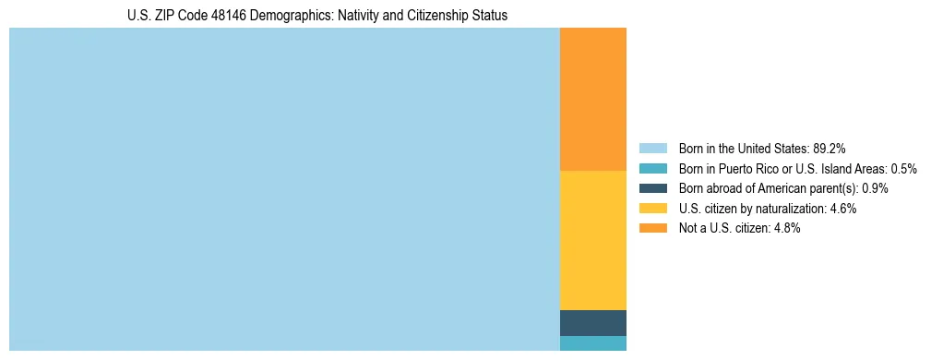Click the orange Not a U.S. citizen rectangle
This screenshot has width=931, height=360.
click(x=592, y=100)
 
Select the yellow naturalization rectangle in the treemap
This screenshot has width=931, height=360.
click(x=592, y=240)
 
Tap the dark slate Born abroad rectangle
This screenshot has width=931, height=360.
click(x=592, y=323)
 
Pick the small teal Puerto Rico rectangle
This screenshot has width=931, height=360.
click(x=592, y=343)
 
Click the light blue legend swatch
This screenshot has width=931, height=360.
click(x=652, y=148)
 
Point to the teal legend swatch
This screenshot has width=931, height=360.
click(x=652, y=168)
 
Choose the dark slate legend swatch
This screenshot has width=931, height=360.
click(x=652, y=188)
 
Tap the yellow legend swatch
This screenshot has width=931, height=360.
click(x=652, y=209)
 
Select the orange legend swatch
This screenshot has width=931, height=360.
click(x=652, y=229)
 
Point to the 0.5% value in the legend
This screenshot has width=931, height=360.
click(x=903, y=168)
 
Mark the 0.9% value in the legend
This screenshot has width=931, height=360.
click(x=875, y=188)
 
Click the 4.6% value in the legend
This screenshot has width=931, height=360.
click(x=842, y=209)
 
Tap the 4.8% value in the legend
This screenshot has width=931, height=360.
click(x=787, y=229)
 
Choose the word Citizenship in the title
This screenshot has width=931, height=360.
click(x=424, y=16)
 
